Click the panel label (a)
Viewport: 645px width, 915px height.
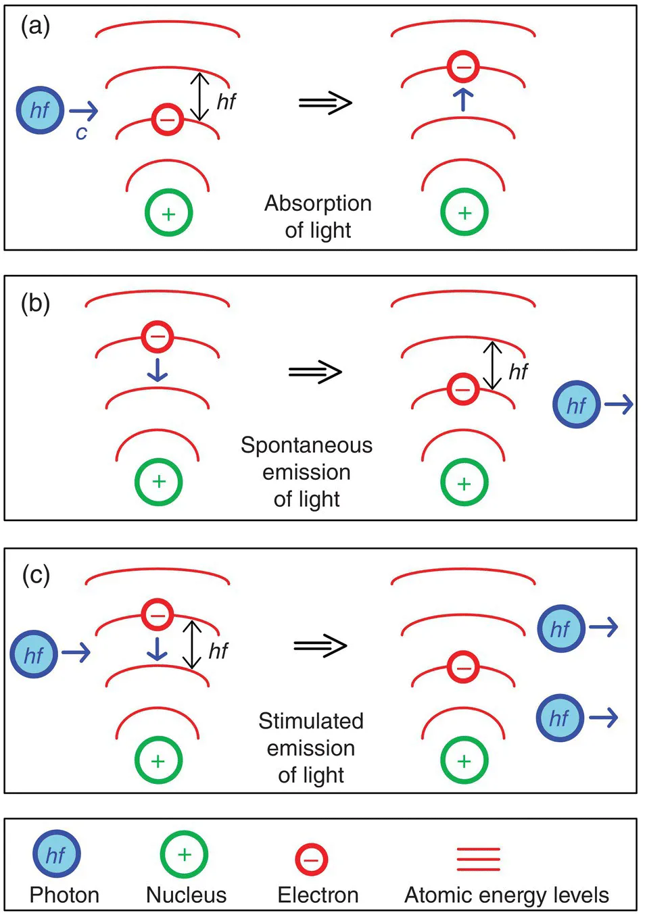tap(35, 26)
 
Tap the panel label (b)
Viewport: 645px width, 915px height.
tap(35, 303)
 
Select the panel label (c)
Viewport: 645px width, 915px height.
tap(35, 575)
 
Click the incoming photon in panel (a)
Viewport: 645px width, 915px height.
tap(41, 110)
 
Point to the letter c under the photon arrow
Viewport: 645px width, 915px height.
tap(81, 133)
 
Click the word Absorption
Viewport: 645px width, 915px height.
tap(318, 203)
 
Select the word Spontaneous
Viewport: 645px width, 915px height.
tap(306, 445)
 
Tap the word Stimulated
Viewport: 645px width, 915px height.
tap(310, 721)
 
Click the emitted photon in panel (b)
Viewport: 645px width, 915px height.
tap(576, 405)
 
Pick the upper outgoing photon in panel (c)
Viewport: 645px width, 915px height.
tap(560, 628)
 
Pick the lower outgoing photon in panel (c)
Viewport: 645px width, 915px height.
tap(559, 718)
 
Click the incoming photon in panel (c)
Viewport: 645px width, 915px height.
tap(34, 654)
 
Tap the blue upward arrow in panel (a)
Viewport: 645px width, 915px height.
tap(463, 99)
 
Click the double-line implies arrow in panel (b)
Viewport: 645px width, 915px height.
tap(315, 372)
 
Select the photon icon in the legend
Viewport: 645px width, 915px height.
tap(56, 854)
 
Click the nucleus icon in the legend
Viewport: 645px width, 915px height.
tap(184, 854)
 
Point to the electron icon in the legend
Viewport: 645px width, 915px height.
tap(312, 860)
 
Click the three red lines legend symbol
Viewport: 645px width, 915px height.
tap(478, 859)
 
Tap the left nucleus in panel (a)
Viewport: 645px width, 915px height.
tap(168, 213)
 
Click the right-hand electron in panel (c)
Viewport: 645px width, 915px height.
tap(463, 668)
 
